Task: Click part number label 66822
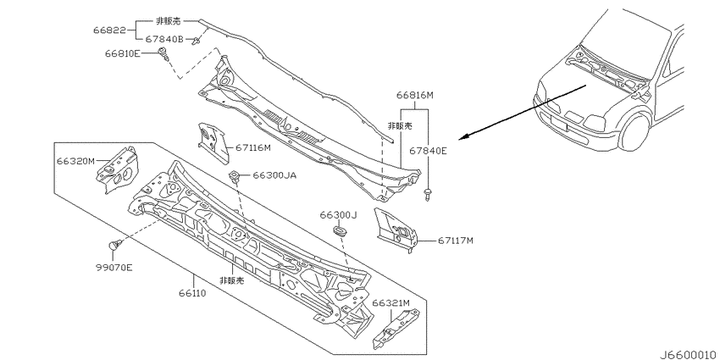[109, 30]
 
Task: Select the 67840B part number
[164, 40]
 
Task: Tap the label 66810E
[122, 53]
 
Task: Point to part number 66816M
[415, 96]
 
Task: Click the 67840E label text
[428, 151]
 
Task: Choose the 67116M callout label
[253, 148]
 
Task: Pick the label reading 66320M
[75, 161]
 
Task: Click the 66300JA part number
[274, 175]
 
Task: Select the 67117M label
[455, 241]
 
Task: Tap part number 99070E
[114, 268]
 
